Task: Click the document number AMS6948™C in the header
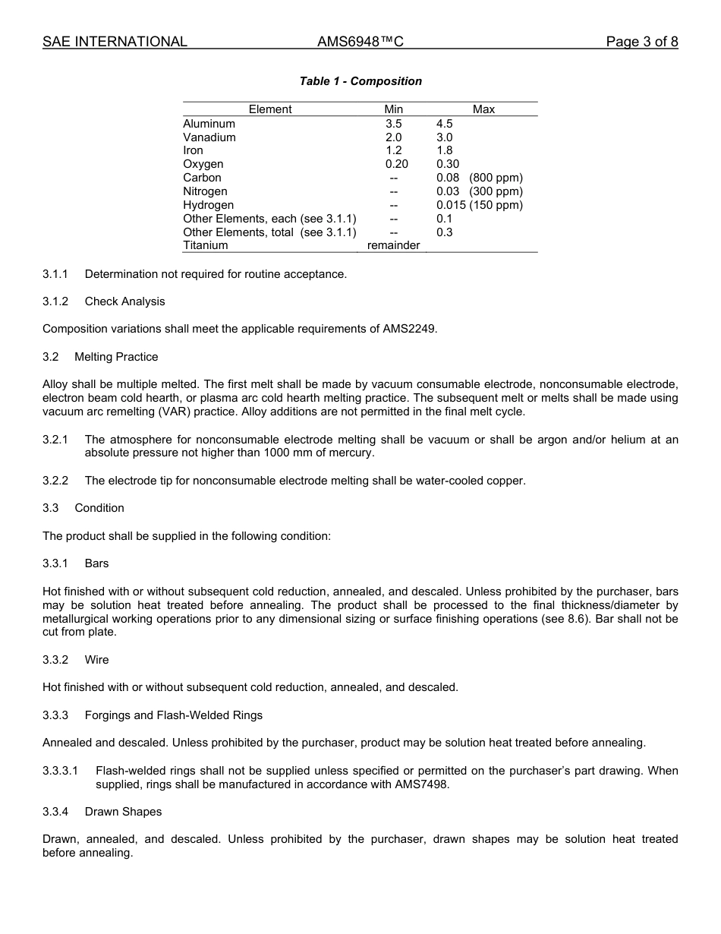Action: [360, 42]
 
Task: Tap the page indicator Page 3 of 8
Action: [641, 42]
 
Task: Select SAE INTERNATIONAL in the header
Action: [115, 42]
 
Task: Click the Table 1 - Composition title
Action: [360, 81]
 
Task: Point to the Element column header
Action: [269, 109]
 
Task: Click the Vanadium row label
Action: [209, 137]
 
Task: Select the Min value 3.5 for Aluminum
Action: [393, 124]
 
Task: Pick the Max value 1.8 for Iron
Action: [445, 150]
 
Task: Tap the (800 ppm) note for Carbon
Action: [496, 178]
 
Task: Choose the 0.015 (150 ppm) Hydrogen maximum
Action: [479, 205]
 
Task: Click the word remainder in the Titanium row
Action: [393, 245]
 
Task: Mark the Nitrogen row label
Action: [205, 191]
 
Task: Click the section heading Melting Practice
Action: [116, 357]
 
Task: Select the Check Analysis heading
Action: [124, 301]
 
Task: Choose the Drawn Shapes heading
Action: [123, 812]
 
